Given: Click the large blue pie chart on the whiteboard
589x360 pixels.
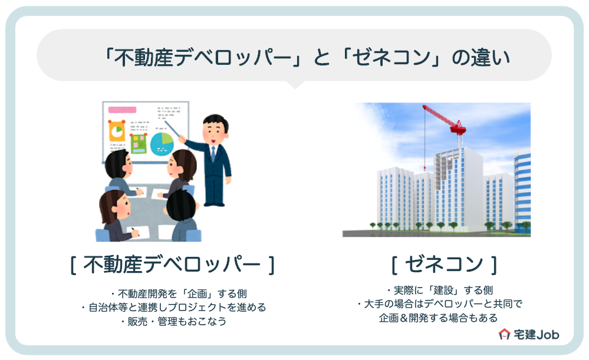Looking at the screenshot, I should pos(162,143).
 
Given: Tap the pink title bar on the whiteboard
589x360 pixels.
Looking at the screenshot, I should pos(122,110).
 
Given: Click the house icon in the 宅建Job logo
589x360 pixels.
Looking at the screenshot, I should pos(505,335).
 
